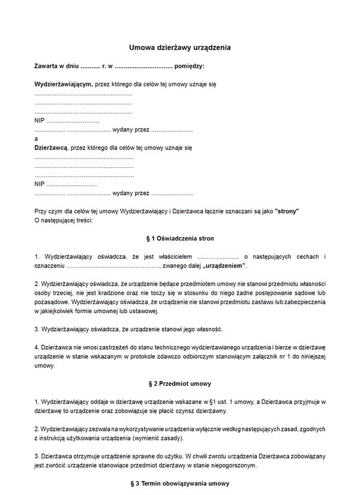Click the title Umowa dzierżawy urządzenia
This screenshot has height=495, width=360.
(180, 47)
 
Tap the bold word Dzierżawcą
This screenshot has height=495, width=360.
(51, 146)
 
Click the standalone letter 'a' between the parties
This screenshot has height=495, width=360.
(37, 138)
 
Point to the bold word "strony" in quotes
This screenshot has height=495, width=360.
(287, 211)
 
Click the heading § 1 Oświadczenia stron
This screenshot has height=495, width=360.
(180, 238)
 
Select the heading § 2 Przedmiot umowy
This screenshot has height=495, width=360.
(180, 383)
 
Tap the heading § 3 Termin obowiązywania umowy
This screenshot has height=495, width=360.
(180, 483)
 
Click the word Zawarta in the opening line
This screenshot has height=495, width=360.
(47, 66)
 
